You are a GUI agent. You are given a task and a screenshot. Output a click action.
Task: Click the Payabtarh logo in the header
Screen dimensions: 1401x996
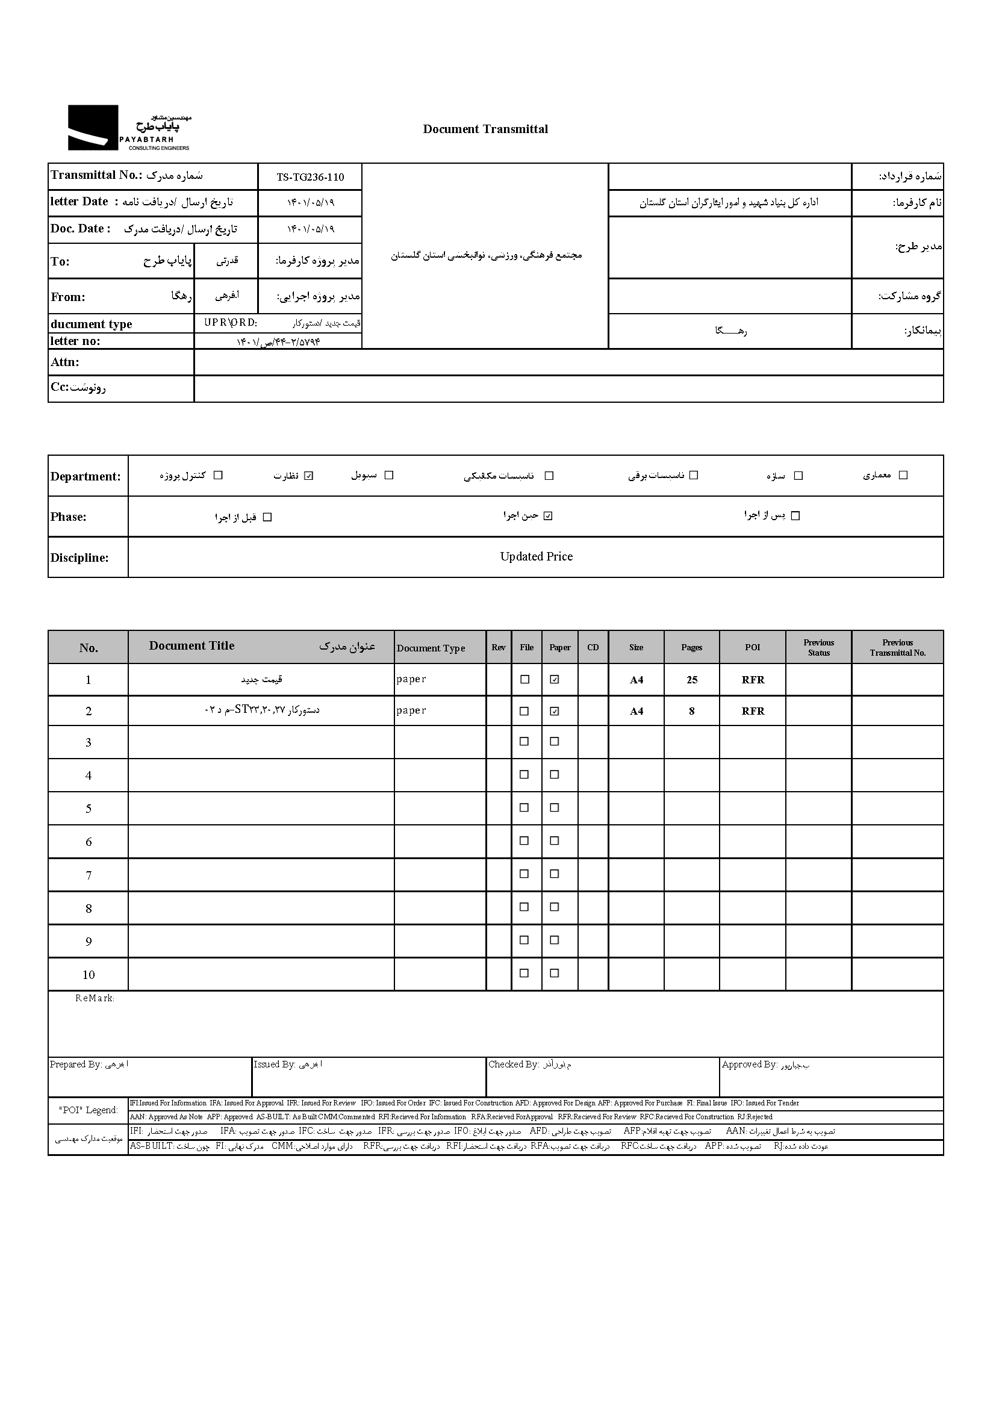(129, 128)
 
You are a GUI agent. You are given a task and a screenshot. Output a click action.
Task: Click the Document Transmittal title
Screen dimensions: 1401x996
(485, 129)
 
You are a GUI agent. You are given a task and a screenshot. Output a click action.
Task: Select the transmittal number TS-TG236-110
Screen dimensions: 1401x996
(310, 177)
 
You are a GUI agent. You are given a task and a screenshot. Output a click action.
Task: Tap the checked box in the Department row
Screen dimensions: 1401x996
(308, 476)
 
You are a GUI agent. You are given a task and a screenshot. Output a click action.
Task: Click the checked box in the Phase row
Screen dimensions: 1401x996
(549, 515)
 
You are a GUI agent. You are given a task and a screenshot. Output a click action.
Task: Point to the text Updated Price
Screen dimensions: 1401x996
(536, 557)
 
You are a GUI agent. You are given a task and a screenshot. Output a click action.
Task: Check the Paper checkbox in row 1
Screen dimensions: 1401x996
(555, 679)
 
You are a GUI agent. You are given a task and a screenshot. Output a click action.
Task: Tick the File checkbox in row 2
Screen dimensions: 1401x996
(524, 711)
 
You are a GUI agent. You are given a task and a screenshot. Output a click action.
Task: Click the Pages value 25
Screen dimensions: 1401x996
(692, 680)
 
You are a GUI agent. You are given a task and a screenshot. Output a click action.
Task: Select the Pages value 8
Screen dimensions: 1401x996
(692, 711)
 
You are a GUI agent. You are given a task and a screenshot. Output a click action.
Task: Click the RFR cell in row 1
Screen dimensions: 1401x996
(753, 680)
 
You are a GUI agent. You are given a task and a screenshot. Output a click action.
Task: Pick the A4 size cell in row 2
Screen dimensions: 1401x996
(637, 711)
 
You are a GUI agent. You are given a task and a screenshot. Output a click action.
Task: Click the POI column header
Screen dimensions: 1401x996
(753, 647)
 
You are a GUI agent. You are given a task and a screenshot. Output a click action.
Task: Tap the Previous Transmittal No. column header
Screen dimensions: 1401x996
(897, 647)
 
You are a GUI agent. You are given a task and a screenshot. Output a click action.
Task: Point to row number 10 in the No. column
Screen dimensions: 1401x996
(89, 975)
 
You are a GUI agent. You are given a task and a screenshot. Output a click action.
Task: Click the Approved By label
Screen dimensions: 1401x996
(750, 1065)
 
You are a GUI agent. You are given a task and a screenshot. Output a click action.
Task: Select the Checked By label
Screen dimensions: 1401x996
(513, 1065)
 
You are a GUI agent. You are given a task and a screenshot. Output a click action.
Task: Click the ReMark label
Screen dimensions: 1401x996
(95, 998)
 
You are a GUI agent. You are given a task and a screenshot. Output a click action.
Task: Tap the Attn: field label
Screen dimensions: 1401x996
(65, 362)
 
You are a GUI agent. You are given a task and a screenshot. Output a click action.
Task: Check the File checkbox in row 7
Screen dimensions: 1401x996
(524, 874)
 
